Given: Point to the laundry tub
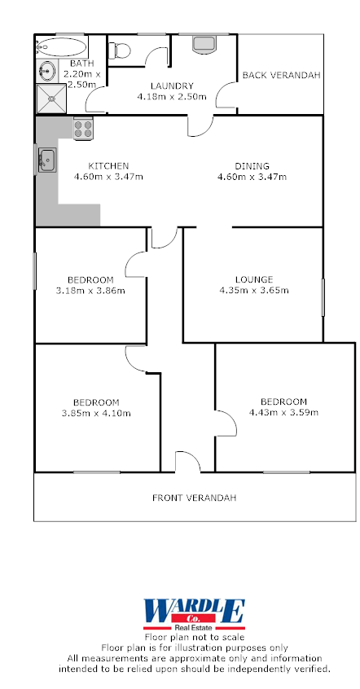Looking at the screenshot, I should (x=202, y=43).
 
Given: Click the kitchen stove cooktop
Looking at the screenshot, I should (x=84, y=127).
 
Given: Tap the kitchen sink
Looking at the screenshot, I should (x=46, y=159).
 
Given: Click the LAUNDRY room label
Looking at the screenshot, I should (x=171, y=86).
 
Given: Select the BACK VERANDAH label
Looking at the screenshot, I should (x=281, y=75).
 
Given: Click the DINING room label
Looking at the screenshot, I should (x=252, y=165).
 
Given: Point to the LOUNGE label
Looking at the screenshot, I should (x=254, y=279).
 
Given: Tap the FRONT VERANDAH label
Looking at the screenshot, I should (x=195, y=498).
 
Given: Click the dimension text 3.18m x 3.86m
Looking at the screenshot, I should (x=90, y=290).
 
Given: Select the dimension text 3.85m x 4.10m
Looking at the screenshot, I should (x=96, y=413).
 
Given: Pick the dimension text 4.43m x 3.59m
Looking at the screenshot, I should (x=283, y=412).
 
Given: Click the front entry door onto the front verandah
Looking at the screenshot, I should (x=187, y=463).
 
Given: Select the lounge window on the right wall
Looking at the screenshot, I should (x=323, y=297).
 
